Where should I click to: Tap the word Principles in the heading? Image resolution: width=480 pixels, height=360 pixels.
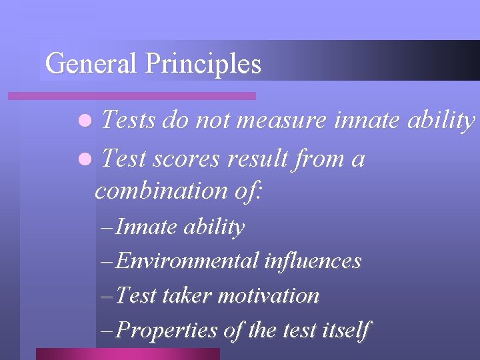coord(203,64)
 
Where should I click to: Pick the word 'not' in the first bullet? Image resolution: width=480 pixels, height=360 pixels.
coord(214,121)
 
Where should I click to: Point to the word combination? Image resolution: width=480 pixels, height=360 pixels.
coord(161,191)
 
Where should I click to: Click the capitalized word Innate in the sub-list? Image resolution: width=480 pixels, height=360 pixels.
coord(137,227)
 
